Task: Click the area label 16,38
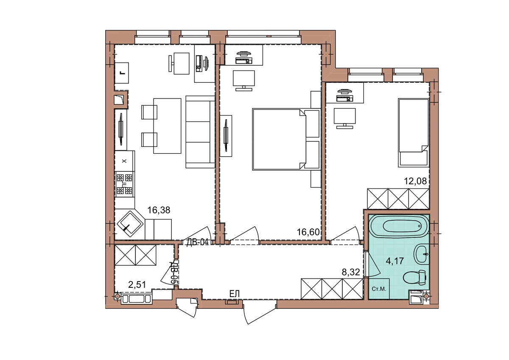coord(159,210)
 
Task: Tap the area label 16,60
coord(308,232)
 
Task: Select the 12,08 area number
coord(415,181)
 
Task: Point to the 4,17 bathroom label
coord(395,261)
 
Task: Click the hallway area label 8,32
coord(351,272)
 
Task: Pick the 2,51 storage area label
coord(137,284)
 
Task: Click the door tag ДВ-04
coord(197,242)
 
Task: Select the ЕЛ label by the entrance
coord(235,294)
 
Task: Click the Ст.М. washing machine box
coord(379,289)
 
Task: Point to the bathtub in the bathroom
coord(399,227)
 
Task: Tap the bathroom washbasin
coord(422,254)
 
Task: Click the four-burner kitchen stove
coord(124,184)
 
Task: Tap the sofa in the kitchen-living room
coord(200,132)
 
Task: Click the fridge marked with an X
coord(124,161)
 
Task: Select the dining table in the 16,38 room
coord(167,126)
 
